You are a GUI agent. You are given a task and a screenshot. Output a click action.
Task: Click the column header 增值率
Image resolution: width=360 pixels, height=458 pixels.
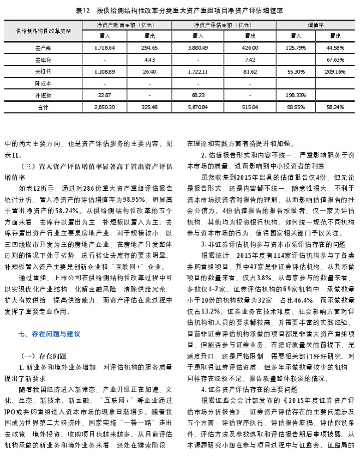[x=316, y=25]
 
